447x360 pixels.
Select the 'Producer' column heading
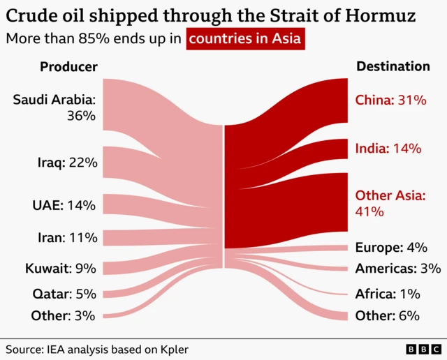pos(68,67)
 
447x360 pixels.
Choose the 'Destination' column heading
pos(393,67)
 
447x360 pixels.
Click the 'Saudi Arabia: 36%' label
pos(54,108)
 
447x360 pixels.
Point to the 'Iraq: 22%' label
pos(67,163)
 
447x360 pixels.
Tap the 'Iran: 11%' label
pos(67,238)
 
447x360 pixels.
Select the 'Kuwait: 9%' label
pos(61,269)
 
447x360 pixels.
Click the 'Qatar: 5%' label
pos(64,294)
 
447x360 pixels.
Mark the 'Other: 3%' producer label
pos(63,315)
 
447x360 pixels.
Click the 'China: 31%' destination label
pos(390,100)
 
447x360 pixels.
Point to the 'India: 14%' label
pos(388,148)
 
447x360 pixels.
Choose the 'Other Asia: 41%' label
pos(390,203)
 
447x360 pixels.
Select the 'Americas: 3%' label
pos(397,269)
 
